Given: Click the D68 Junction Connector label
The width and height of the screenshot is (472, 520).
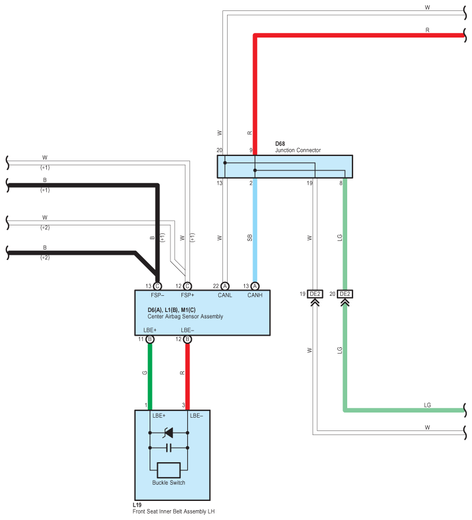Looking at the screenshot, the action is (298, 147).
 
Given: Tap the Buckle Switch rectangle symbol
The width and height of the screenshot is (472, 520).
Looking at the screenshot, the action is (169, 470).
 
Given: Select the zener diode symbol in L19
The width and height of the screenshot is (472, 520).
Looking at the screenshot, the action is (169, 432).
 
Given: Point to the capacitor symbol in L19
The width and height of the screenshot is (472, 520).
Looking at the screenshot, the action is (169, 448).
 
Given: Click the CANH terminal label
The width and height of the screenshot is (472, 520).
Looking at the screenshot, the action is (255, 295).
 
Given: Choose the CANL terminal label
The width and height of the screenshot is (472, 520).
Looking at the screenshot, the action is (225, 295).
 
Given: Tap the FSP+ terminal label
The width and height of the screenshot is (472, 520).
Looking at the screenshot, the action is (187, 295).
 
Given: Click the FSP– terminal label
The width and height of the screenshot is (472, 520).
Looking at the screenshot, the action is (158, 295).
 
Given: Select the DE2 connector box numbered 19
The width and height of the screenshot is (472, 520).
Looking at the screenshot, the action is (315, 294).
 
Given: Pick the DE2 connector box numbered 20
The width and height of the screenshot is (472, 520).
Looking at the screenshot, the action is (345, 294).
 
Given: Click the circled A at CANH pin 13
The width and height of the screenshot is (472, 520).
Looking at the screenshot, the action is (255, 286).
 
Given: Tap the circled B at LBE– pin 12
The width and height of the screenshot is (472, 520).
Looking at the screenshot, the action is (187, 339).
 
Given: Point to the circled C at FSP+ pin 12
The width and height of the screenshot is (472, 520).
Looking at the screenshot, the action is (187, 286).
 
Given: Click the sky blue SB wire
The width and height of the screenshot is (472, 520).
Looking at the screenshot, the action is (255, 230).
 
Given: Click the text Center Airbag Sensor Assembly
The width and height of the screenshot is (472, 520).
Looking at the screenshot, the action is (185, 317).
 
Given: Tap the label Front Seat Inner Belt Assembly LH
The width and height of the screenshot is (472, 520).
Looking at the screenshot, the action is (173, 511).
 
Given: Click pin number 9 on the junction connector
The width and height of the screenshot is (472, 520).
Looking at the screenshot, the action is (251, 150).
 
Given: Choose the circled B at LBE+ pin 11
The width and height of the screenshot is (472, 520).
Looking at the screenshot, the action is (150, 339).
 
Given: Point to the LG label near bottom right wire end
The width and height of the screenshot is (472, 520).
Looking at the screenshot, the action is (427, 405).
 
